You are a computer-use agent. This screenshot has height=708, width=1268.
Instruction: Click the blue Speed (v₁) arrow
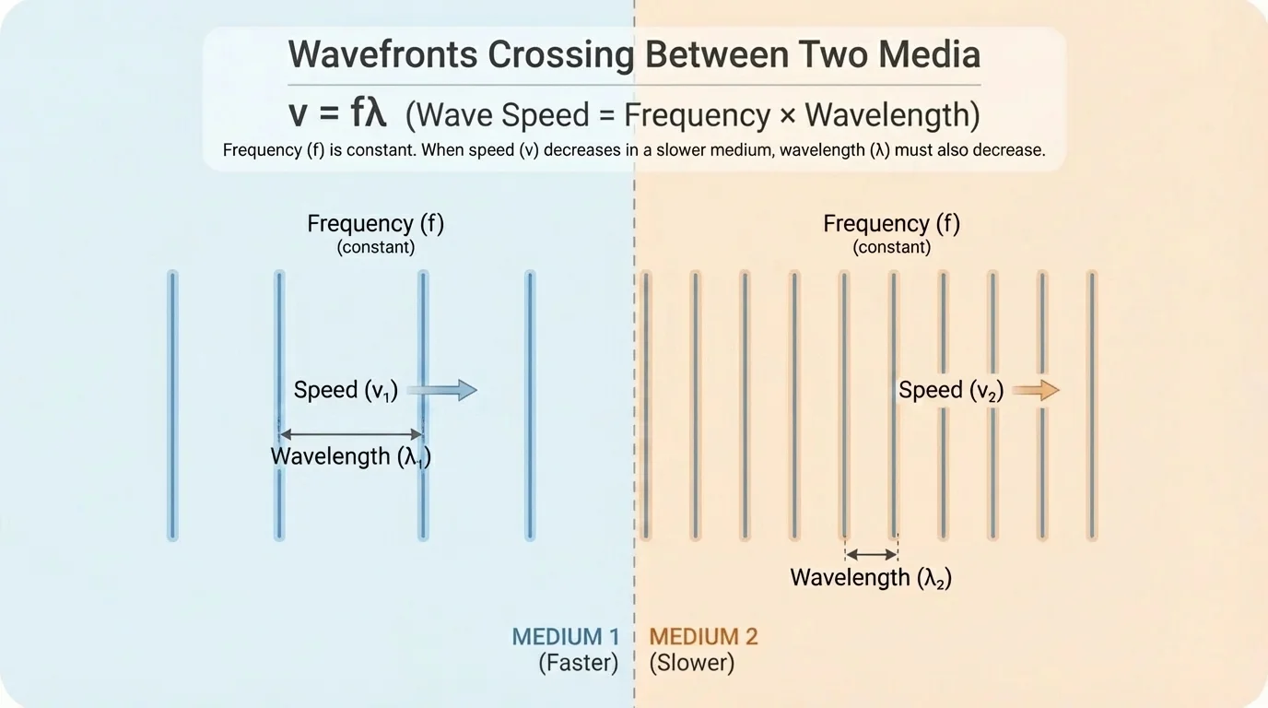[443, 390]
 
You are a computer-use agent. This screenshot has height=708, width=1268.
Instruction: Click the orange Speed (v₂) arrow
[1037, 390]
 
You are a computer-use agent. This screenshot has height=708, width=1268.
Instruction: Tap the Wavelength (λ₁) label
[351, 456]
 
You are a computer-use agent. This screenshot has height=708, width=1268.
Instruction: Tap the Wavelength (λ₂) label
[871, 578]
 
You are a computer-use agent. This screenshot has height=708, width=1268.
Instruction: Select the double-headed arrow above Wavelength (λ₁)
[351, 433]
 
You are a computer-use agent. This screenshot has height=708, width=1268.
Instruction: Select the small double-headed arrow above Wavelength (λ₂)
[871, 554]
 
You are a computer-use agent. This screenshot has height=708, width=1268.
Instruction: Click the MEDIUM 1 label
[566, 636]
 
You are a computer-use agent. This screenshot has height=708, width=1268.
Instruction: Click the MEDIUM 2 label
[703, 636]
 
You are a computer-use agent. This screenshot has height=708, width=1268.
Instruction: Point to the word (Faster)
[579, 663]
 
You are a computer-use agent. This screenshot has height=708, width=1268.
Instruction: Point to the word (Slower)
[692, 663]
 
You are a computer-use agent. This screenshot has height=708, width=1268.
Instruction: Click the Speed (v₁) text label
[346, 390]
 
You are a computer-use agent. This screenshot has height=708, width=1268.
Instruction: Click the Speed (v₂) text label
[950, 390]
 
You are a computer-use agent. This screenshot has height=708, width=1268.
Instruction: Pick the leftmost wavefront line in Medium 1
[172, 406]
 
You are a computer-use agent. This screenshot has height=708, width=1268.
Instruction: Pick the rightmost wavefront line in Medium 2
[1091, 406]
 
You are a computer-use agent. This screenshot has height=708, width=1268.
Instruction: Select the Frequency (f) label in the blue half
[376, 224]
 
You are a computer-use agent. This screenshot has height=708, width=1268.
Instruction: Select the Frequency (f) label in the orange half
[891, 224]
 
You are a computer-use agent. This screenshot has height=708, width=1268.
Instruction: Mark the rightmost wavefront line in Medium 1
[530, 406]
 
